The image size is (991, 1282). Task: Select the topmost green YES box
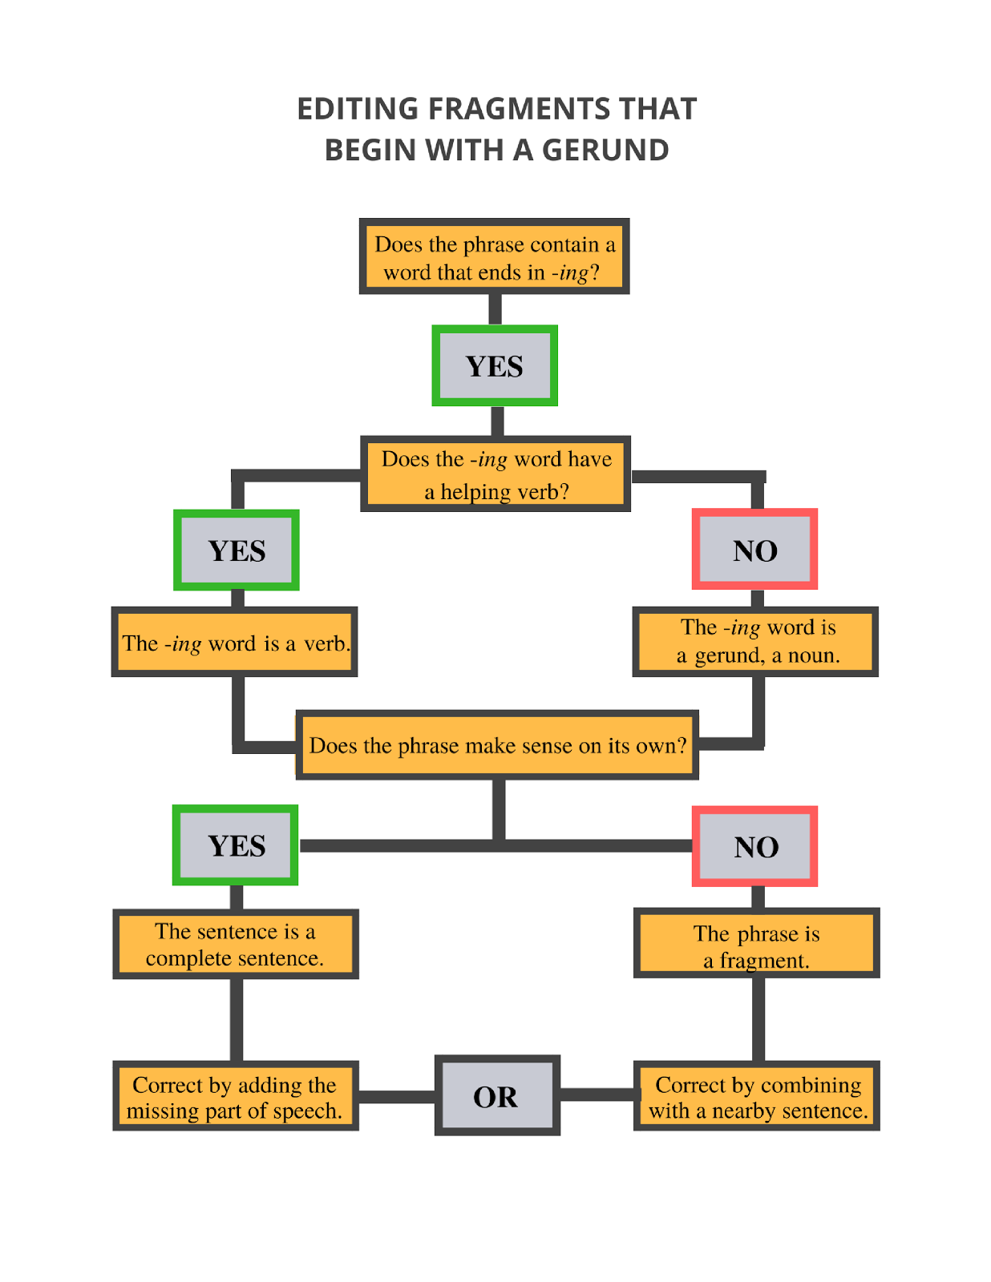tap(494, 365)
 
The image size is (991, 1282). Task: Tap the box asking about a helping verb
tap(496, 474)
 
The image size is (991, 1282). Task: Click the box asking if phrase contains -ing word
tap(494, 256)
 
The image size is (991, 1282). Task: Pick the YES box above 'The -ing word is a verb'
tap(237, 550)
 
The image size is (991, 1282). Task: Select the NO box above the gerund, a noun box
tap(754, 550)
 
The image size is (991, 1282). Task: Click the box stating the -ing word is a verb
tap(234, 643)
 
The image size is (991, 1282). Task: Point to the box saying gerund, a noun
tap(755, 642)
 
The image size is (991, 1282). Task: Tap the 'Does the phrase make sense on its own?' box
tap(497, 745)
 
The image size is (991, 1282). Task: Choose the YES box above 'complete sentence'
tap(236, 845)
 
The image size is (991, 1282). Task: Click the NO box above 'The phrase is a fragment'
tap(754, 846)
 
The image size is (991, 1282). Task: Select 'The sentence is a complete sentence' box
tap(235, 944)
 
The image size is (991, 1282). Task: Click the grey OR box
tap(496, 1095)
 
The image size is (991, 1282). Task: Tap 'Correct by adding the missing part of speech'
tap(235, 1096)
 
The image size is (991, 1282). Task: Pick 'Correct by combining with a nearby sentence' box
tap(756, 1096)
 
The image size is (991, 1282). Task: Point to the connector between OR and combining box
tap(597, 1095)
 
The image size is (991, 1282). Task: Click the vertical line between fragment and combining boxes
tap(758, 1019)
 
